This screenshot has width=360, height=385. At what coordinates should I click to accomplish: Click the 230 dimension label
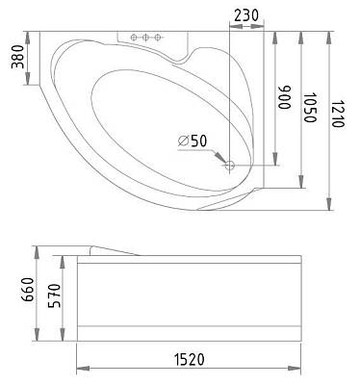pos(246,15)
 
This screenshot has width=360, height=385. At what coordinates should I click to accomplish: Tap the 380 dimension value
pos(18,57)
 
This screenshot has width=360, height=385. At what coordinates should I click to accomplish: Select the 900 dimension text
pos(284,97)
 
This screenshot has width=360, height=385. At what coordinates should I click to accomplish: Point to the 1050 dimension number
pos(310,108)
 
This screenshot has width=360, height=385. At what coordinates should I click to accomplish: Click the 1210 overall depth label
pos(338,114)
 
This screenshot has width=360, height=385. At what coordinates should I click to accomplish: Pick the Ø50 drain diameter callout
pos(193,141)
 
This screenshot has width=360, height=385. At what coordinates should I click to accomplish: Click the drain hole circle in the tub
pos(230,166)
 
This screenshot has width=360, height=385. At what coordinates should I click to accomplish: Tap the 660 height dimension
pos(28,290)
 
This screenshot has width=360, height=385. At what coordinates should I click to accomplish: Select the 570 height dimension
pos(55,295)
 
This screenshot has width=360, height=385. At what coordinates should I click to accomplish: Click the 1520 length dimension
pos(190,360)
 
